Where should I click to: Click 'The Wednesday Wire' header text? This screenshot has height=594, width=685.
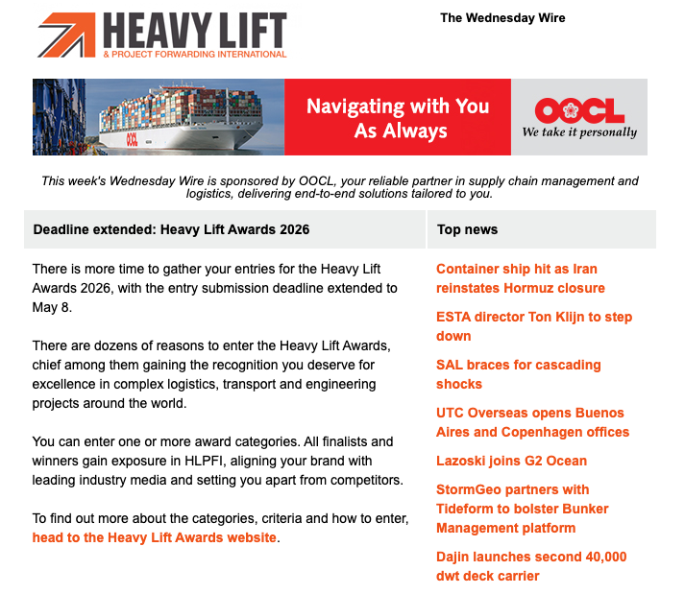(502, 18)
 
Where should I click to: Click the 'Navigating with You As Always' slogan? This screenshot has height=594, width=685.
(398, 118)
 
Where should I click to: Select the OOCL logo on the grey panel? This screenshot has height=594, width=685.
(579, 110)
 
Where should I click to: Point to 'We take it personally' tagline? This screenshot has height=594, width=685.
(579, 133)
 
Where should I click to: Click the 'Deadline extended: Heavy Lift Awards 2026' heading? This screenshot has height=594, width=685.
(171, 230)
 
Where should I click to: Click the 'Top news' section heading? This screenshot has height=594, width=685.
(467, 230)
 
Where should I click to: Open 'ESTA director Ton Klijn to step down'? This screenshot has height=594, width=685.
(533, 326)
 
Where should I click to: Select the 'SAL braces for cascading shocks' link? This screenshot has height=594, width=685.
(518, 374)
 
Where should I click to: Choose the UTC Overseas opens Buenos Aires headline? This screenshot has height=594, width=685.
(532, 422)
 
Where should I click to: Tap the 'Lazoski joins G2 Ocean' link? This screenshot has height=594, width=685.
(511, 461)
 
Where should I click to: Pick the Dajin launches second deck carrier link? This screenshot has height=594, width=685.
(530, 566)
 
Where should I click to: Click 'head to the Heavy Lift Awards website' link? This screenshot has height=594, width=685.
(155, 537)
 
